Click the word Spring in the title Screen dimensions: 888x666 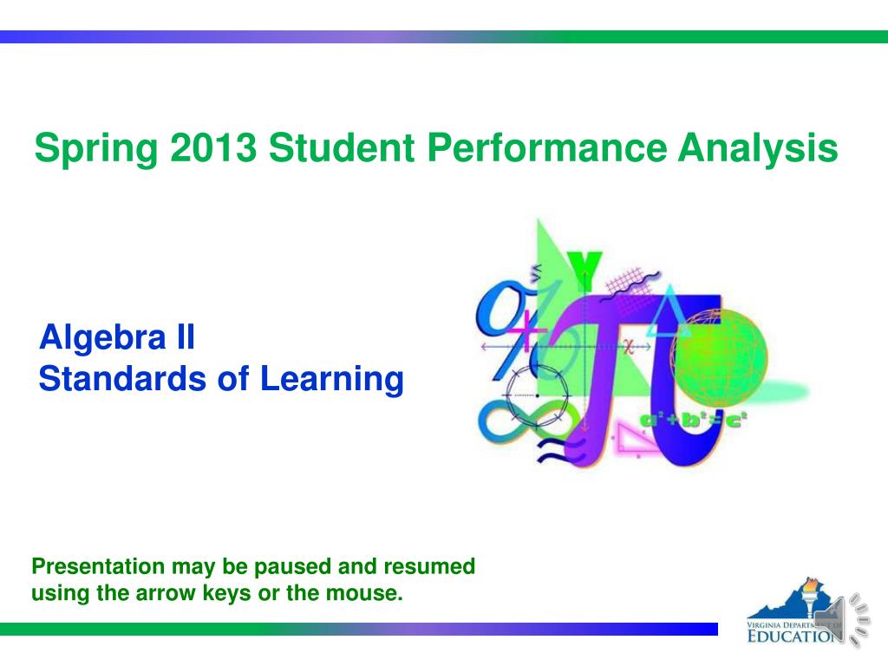click(96, 149)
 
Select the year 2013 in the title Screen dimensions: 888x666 click(214, 147)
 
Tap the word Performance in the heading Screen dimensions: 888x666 click(547, 147)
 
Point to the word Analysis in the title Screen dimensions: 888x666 click(758, 149)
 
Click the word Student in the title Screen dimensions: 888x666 click(342, 147)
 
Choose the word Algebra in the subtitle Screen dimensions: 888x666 click(102, 337)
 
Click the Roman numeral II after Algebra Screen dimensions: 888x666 click(186, 336)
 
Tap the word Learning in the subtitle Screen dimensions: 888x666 click(332, 380)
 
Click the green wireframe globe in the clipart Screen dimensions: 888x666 click(719, 356)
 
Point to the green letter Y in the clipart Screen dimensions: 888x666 click(584, 270)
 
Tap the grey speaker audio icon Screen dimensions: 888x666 click(841, 619)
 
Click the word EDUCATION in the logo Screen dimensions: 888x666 click(793, 636)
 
